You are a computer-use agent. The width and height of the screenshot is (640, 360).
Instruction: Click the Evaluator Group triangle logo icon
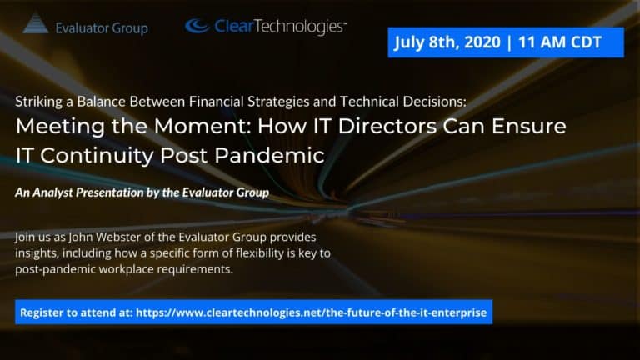(36, 23)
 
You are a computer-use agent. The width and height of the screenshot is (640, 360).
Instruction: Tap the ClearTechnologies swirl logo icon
(197, 25)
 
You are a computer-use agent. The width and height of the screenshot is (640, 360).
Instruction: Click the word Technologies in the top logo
(300, 27)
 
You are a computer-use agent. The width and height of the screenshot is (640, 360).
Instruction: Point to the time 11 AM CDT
(560, 42)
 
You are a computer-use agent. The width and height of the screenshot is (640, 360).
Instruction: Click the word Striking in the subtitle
(39, 102)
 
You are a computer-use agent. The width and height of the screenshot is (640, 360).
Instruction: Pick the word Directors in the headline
(387, 126)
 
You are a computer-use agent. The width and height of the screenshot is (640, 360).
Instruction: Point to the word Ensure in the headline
(529, 126)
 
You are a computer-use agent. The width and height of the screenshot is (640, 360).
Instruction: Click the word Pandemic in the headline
(269, 156)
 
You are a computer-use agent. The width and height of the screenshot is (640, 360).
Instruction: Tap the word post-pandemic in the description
(56, 269)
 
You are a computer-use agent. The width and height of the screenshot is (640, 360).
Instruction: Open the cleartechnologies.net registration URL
(311, 312)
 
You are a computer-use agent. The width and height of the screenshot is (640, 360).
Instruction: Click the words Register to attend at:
(77, 312)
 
